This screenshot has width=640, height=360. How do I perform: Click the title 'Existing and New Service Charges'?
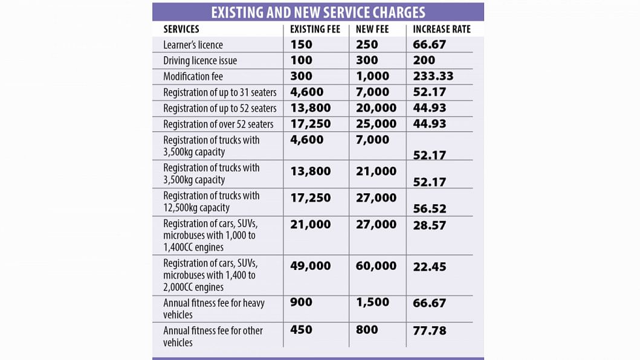[x=318, y=13]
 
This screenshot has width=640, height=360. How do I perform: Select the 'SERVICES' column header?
[x=181, y=30]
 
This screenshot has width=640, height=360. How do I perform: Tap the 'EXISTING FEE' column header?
[x=315, y=30]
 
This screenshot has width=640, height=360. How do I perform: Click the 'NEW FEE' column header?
[x=372, y=30]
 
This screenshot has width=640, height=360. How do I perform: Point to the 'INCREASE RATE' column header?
[x=442, y=30]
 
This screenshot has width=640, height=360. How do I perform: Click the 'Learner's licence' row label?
[x=193, y=45]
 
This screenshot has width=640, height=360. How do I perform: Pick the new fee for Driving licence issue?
[x=367, y=60]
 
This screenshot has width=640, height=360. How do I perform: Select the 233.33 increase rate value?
[x=433, y=76]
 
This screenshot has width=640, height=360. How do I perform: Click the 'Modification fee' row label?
[x=193, y=76]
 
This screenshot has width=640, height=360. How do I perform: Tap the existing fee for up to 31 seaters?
[x=306, y=92]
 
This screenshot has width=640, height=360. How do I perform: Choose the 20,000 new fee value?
[x=376, y=108]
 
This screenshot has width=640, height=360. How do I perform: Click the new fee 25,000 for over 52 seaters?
[x=376, y=124]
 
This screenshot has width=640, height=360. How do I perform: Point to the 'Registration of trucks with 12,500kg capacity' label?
[x=212, y=202]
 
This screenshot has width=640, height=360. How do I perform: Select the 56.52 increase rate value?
[x=430, y=208]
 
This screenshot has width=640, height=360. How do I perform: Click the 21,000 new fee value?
[x=376, y=172]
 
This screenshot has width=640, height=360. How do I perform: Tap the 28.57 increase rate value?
[x=430, y=225]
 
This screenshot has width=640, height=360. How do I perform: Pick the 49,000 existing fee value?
[x=310, y=266]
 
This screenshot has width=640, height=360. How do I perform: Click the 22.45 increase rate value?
[x=430, y=267]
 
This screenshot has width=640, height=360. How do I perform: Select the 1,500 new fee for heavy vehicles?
[x=372, y=303]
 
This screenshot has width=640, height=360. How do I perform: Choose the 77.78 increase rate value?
[x=430, y=330]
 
